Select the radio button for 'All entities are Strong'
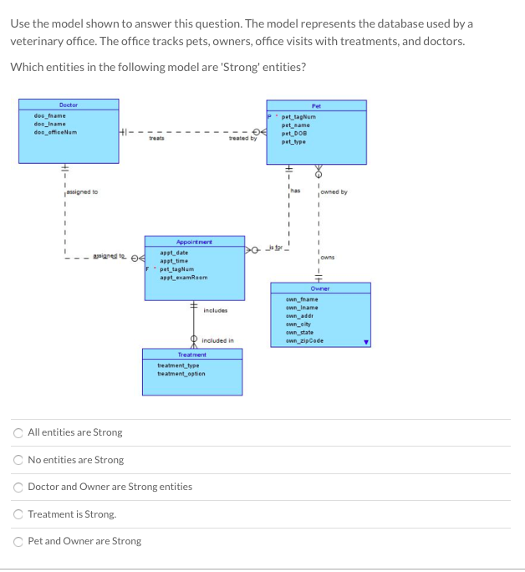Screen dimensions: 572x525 [x=18, y=432]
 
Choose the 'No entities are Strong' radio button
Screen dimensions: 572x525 [x=18, y=460]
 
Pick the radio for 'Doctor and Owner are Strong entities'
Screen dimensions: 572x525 [x=18, y=487]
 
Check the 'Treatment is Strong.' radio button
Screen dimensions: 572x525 [x=18, y=514]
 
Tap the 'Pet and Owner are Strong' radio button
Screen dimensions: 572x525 [x=18, y=541]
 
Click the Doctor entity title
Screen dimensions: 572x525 [x=69, y=105]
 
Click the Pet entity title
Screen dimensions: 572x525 [x=316, y=105]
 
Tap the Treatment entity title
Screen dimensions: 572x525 [x=193, y=355]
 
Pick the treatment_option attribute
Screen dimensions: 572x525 [x=181, y=374]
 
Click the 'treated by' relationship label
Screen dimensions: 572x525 [x=242, y=139]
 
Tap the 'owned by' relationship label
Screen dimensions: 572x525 [x=334, y=192]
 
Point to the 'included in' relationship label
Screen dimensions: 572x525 [x=218, y=340]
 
